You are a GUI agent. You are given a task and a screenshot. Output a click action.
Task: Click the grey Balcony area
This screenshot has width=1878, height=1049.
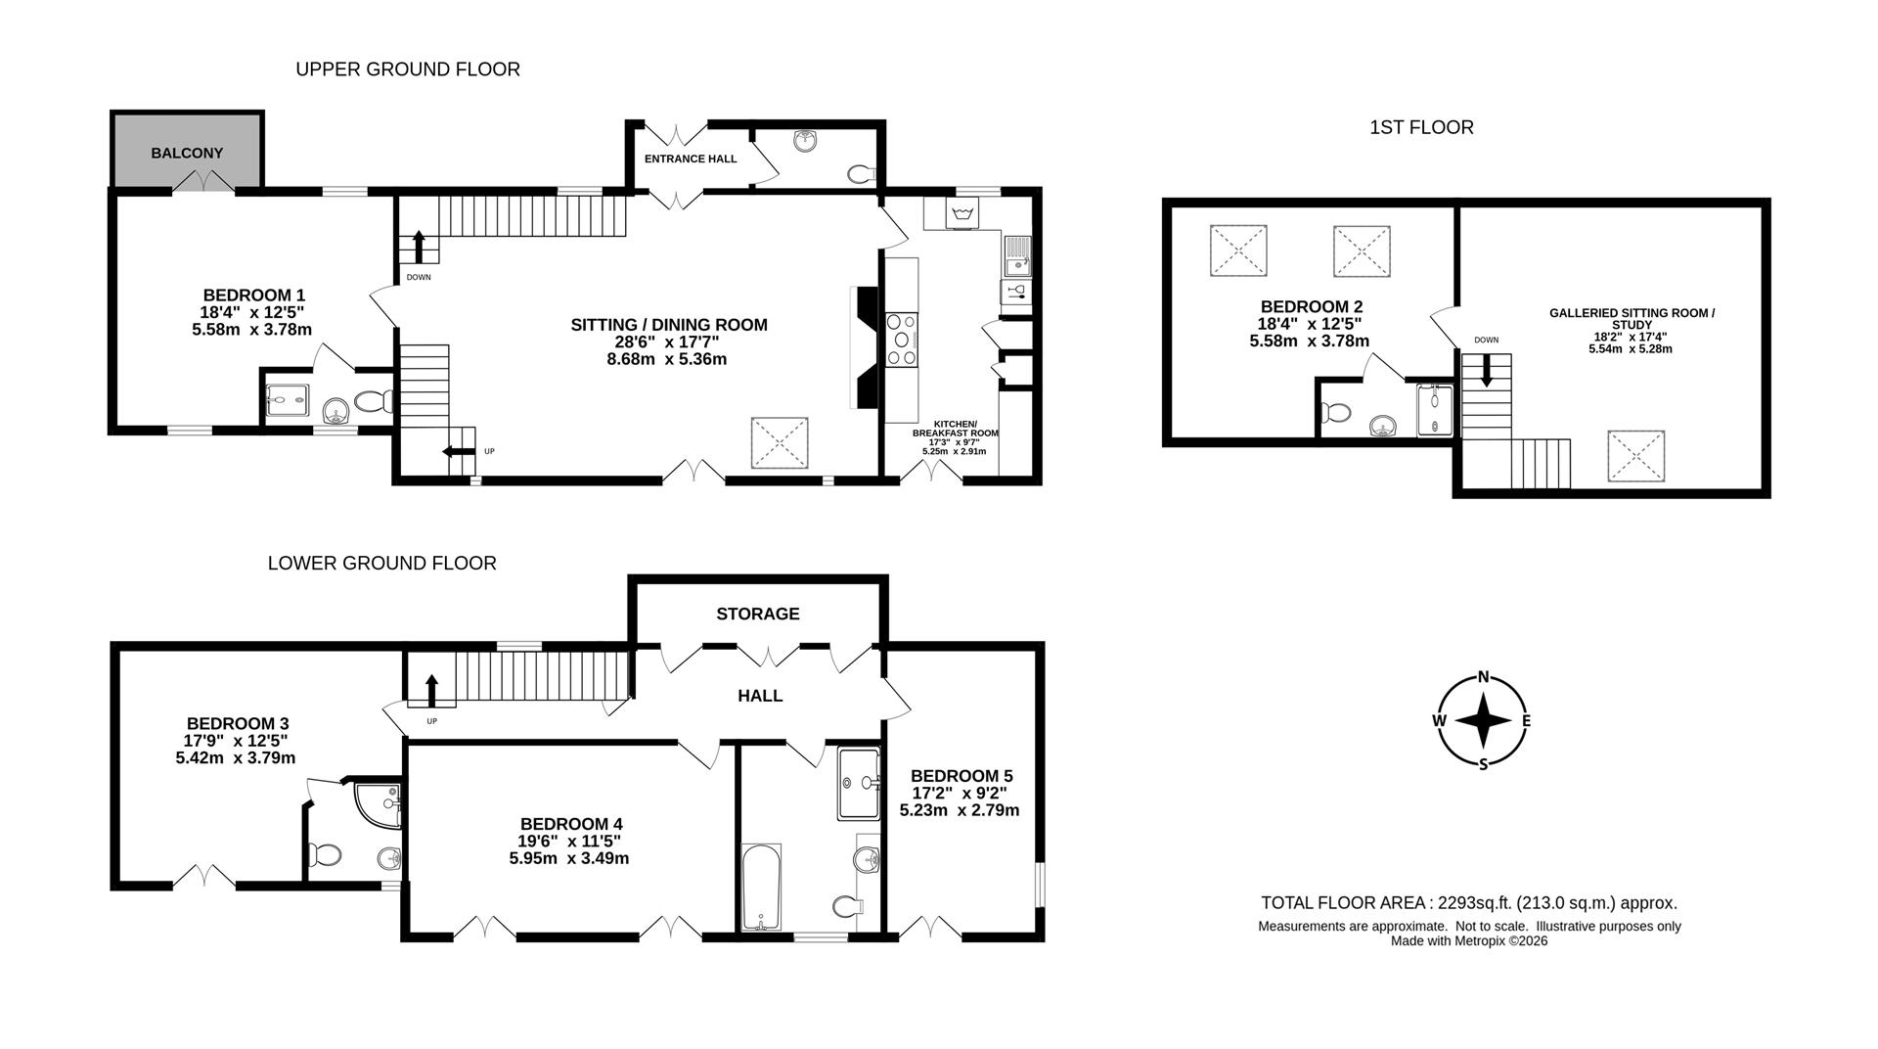coord(187,150)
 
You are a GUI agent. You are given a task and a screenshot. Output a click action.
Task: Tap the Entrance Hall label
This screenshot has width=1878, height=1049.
coord(691,159)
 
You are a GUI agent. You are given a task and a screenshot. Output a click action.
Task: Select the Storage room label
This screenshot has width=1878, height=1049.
coord(758,614)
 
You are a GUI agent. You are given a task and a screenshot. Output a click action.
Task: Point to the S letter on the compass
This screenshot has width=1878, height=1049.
coord(1484,764)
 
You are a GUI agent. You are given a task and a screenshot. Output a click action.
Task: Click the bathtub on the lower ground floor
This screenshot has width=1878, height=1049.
coord(760,887)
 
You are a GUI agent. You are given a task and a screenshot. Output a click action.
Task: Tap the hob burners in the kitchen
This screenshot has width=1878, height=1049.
coord(902,339)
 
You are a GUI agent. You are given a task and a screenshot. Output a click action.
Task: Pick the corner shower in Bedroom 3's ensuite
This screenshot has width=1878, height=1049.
coord(376,802)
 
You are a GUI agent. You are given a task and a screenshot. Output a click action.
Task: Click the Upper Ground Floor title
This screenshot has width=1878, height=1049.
coord(408,69)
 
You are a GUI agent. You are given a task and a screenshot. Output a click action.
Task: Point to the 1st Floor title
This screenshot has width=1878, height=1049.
coord(1421,127)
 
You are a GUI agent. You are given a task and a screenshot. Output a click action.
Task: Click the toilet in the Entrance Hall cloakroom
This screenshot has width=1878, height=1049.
coord(862,175)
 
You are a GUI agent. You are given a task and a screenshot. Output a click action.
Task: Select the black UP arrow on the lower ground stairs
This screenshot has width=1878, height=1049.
coord(431,688)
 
